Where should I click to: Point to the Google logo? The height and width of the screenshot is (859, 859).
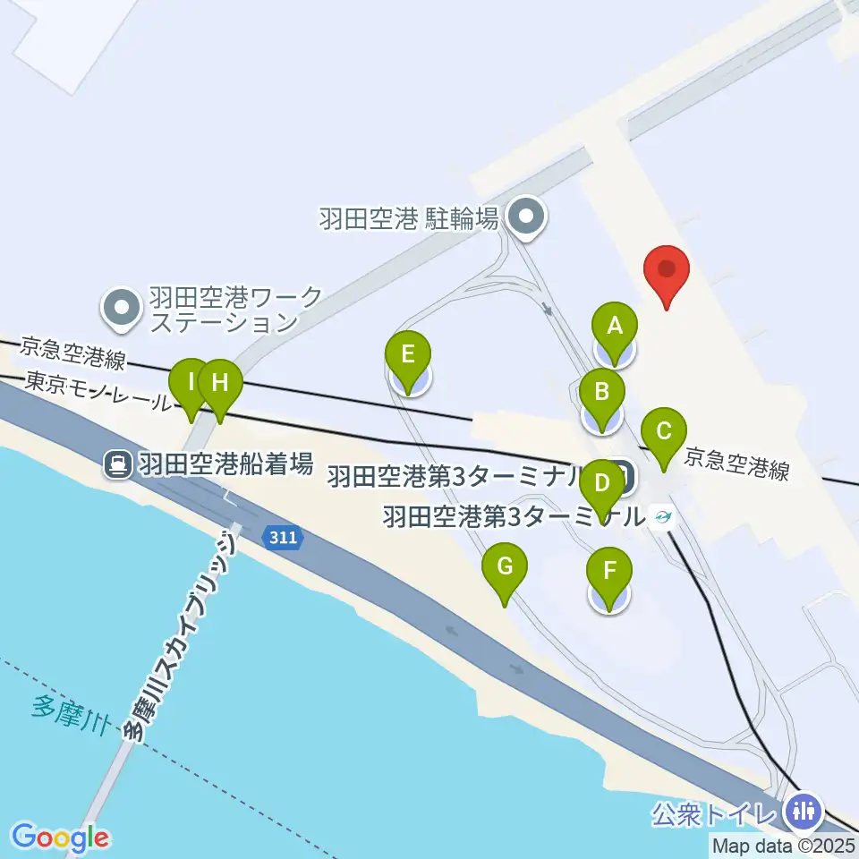click(60, 838)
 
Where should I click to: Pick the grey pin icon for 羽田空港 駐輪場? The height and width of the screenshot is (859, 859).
click(525, 217)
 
